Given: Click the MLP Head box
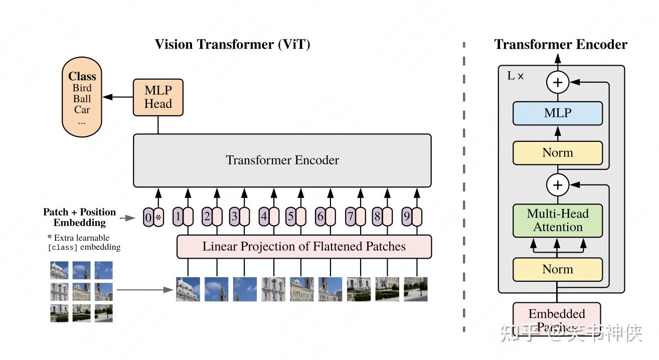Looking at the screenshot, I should (158, 97).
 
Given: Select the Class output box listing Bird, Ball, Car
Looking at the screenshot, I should (82, 98).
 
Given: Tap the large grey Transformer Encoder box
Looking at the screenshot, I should (282, 160).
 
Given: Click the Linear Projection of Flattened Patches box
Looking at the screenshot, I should (304, 247).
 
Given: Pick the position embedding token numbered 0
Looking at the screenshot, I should (148, 218).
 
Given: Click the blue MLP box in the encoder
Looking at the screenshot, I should (557, 113).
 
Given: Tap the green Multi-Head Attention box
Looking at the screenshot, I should (557, 221).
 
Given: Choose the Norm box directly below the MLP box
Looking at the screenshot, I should (557, 153).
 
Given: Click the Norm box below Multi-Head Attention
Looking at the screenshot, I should (557, 269).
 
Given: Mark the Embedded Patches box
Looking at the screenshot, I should (557, 320).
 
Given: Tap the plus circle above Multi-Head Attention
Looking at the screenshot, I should (557, 186).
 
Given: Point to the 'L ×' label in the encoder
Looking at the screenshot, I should (516, 76).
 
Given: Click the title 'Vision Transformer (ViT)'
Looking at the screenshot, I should (232, 45).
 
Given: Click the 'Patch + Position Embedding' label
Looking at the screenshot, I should (80, 217).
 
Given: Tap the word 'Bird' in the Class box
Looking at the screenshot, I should (82, 88).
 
